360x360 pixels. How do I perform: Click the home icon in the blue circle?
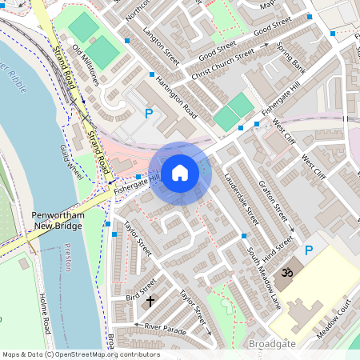click(x=180, y=172)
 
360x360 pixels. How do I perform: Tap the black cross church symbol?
click(x=150, y=302)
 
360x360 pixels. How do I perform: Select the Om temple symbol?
click(x=284, y=275)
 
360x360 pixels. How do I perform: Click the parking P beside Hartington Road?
click(x=148, y=114)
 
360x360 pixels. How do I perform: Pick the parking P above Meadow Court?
click(x=309, y=251)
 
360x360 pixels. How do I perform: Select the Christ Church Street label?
click(x=222, y=65)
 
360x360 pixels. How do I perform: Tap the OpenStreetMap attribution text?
click(x=80, y=354)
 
